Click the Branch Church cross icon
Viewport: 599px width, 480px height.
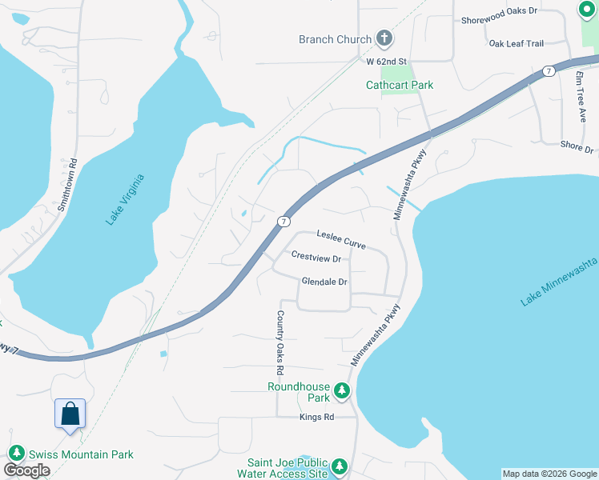[384, 38]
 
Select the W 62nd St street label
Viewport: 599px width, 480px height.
[388, 61]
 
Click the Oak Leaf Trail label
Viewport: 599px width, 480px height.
[517, 43]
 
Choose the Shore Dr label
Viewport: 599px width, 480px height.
[577, 147]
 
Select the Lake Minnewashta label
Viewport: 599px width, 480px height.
[560, 282]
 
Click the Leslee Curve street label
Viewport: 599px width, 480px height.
[341, 239]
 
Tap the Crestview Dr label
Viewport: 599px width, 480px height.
[316, 258]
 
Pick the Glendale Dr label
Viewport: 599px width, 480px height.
[324, 282]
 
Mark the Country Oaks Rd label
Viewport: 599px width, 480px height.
[280, 343]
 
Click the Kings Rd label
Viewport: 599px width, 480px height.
[316, 417]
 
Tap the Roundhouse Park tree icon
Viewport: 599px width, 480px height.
[343, 390]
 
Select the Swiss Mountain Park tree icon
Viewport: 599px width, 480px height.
[15, 454]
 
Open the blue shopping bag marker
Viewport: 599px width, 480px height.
[70, 414]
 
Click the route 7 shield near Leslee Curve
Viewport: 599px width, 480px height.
[283, 220]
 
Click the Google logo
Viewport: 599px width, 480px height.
[26, 470]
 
